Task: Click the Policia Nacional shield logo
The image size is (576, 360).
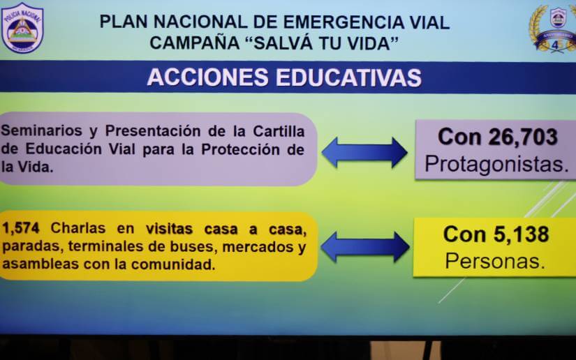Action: tap(22, 28)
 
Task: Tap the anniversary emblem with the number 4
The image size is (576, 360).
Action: tap(554, 29)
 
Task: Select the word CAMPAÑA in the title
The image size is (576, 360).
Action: tap(195, 43)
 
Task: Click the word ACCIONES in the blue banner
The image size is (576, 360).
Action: tap(207, 77)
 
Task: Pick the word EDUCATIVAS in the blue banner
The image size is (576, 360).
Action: tap(348, 77)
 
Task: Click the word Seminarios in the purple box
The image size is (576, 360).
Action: tap(41, 130)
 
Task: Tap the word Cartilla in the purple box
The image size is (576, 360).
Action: tap(279, 131)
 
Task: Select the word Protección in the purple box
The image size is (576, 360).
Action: tap(241, 149)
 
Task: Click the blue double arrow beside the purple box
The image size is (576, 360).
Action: tap(364, 152)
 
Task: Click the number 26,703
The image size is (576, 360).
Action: tap(523, 137)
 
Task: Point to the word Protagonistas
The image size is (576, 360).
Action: tap(496, 164)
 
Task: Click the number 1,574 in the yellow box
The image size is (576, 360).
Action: tap(20, 228)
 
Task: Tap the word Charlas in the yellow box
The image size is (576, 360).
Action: tap(78, 228)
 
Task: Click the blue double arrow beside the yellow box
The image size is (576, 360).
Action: tap(365, 246)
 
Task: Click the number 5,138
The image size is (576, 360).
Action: tap(522, 234)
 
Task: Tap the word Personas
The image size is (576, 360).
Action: tap(495, 261)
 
